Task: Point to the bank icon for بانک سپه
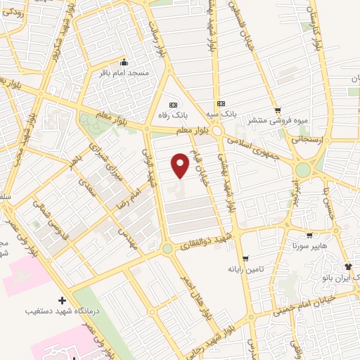(221, 103)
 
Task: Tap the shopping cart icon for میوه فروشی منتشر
(278, 110)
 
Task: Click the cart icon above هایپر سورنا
(309, 236)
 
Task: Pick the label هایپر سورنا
(310, 247)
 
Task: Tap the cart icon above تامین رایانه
(244, 258)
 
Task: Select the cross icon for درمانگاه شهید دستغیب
(63, 300)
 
